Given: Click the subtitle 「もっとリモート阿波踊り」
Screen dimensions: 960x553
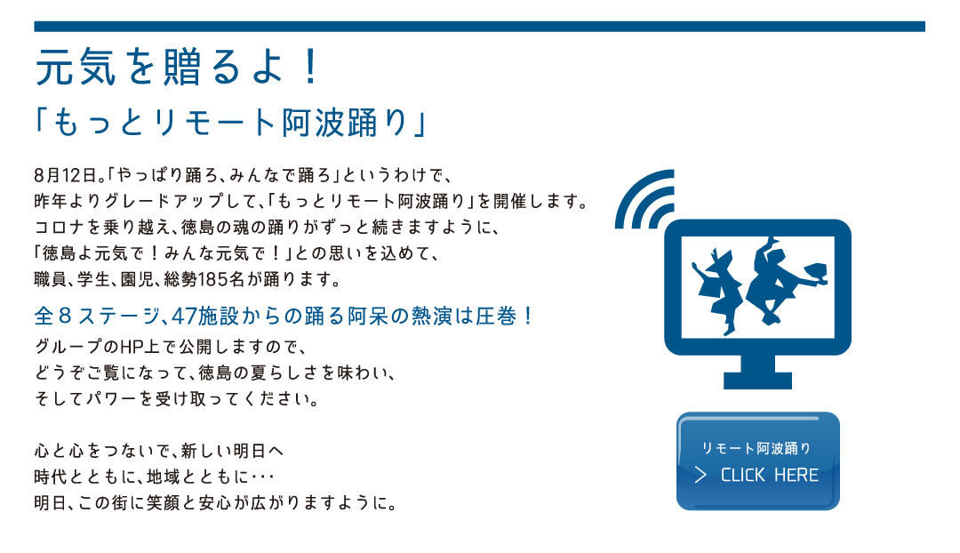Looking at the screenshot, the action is pyautogui.click(x=231, y=123).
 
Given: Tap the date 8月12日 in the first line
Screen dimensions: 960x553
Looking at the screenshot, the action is pyautogui.click(x=66, y=176).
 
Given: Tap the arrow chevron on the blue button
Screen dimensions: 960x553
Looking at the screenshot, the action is pyautogui.click(x=701, y=476).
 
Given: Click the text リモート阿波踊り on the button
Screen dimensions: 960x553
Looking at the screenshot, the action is pyautogui.click(x=756, y=449).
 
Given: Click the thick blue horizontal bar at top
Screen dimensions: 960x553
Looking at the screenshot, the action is pyautogui.click(x=479, y=27).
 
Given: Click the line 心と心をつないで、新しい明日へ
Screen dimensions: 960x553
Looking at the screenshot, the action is pyautogui.click(x=159, y=452).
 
